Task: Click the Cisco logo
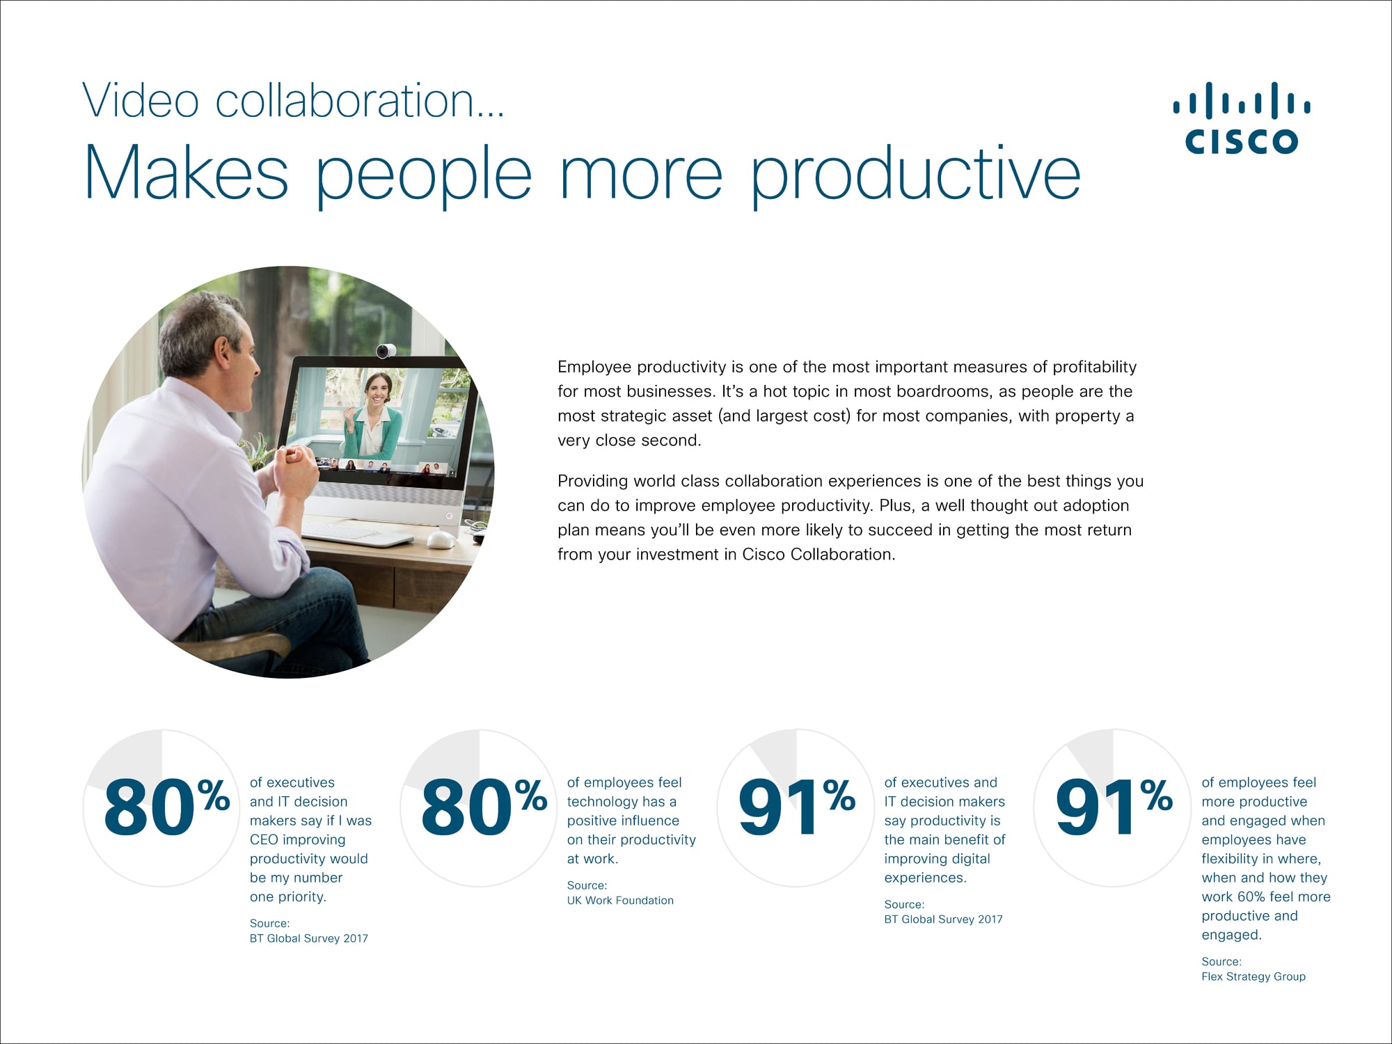click(1242, 118)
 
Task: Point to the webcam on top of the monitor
click(386, 350)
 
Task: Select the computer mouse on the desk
click(441, 539)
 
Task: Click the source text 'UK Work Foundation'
click(620, 901)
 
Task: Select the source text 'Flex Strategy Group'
click(1253, 976)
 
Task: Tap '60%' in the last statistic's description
click(1252, 897)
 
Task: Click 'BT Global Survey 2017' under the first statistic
click(309, 939)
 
